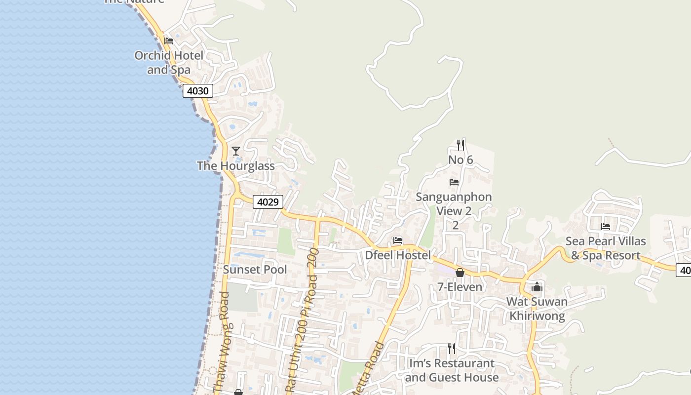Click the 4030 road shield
pos(198,91)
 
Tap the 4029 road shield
pos(268,202)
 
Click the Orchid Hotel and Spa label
pos(169,62)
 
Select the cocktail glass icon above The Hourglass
pos(236,151)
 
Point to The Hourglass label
pos(236,165)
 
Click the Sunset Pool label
pos(255,270)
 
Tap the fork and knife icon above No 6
pos(461,145)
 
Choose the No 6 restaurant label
pos(461,160)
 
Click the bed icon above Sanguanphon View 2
pos(454,182)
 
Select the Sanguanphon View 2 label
pos(454,204)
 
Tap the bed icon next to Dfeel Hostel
pos(398,240)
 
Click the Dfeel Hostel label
pos(398,255)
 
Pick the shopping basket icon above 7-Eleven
pos(460,272)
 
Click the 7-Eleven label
pos(460,287)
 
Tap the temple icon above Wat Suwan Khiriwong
pos(537,286)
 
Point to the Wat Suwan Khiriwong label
pos(537,309)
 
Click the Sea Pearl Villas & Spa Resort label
pos(606,248)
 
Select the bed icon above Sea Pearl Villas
pos(606,227)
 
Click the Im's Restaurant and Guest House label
pos(452,370)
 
